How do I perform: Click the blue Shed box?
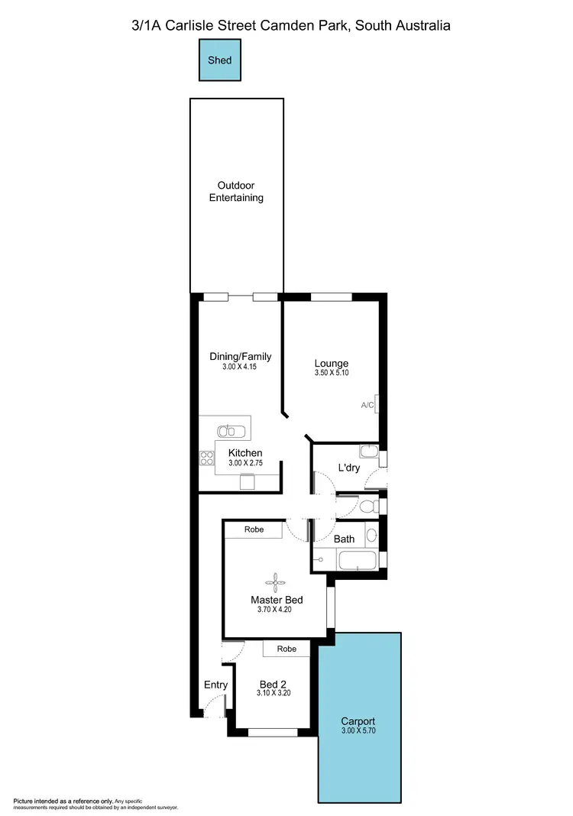click(x=221, y=60)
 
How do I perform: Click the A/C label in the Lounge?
click(x=367, y=405)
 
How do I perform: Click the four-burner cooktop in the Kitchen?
click(x=206, y=458)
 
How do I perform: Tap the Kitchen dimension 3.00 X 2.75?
click(x=245, y=463)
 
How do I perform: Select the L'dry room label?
click(x=349, y=468)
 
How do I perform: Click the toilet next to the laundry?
click(x=367, y=506)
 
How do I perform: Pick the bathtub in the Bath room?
click(x=357, y=562)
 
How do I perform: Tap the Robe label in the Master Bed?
click(x=254, y=529)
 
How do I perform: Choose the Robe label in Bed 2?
click(x=286, y=649)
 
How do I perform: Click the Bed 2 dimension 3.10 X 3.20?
click(x=274, y=694)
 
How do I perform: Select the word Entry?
click(x=215, y=685)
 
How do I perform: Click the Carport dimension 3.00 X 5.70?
click(x=358, y=731)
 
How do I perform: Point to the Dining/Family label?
click(x=241, y=357)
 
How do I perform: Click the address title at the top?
click(x=290, y=25)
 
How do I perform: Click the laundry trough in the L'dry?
click(x=369, y=451)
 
